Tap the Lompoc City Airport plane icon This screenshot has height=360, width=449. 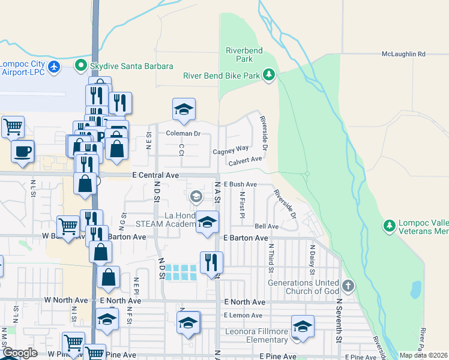coord(55,66)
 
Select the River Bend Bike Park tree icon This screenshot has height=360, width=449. coord(270,75)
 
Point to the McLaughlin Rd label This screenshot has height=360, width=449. coord(403,54)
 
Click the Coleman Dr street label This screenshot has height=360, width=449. coord(182,133)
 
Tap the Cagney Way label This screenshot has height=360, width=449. coord(231,150)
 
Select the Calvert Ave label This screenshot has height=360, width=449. coord(245,160)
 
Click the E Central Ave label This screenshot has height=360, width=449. coord(156,175)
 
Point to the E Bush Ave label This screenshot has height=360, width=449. coord(240,184)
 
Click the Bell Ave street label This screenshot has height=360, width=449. coord(267,226)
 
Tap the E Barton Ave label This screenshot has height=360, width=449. coord(245,238)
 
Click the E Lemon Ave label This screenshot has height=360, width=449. coord(243,315)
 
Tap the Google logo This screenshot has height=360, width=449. coord(20,353)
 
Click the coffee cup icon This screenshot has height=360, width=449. coord(23,151)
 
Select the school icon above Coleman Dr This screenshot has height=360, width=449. coord(184,109)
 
